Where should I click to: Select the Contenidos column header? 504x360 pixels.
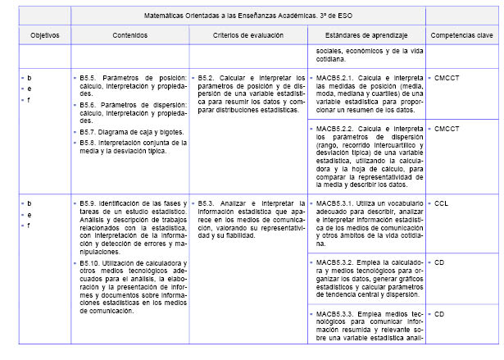tap(130, 36)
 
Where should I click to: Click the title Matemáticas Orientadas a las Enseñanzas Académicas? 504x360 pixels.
tap(249, 14)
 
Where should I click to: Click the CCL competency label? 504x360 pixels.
tap(442, 202)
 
